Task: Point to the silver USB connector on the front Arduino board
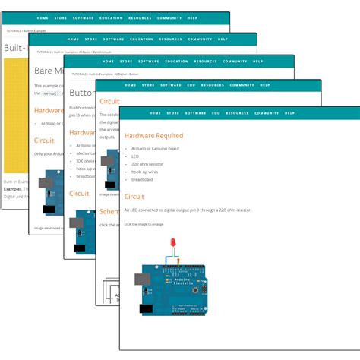(143, 279)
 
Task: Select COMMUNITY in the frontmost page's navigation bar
(267, 112)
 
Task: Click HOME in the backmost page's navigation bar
(43, 17)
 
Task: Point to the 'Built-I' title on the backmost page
(16, 47)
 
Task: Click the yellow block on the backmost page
(16, 114)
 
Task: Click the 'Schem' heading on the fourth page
(109, 213)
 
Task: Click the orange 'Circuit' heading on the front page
(136, 197)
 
